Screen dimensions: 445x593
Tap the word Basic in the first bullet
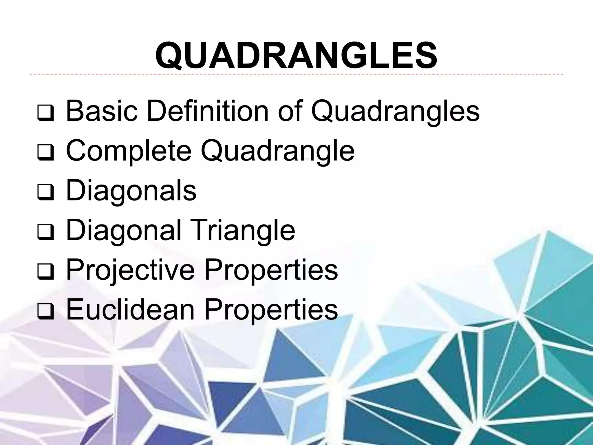pyautogui.click(x=102, y=111)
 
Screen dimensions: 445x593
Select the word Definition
pyautogui.click(x=207, y=111)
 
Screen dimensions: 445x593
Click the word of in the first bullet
pyautogui.click(x=290, y=111)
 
